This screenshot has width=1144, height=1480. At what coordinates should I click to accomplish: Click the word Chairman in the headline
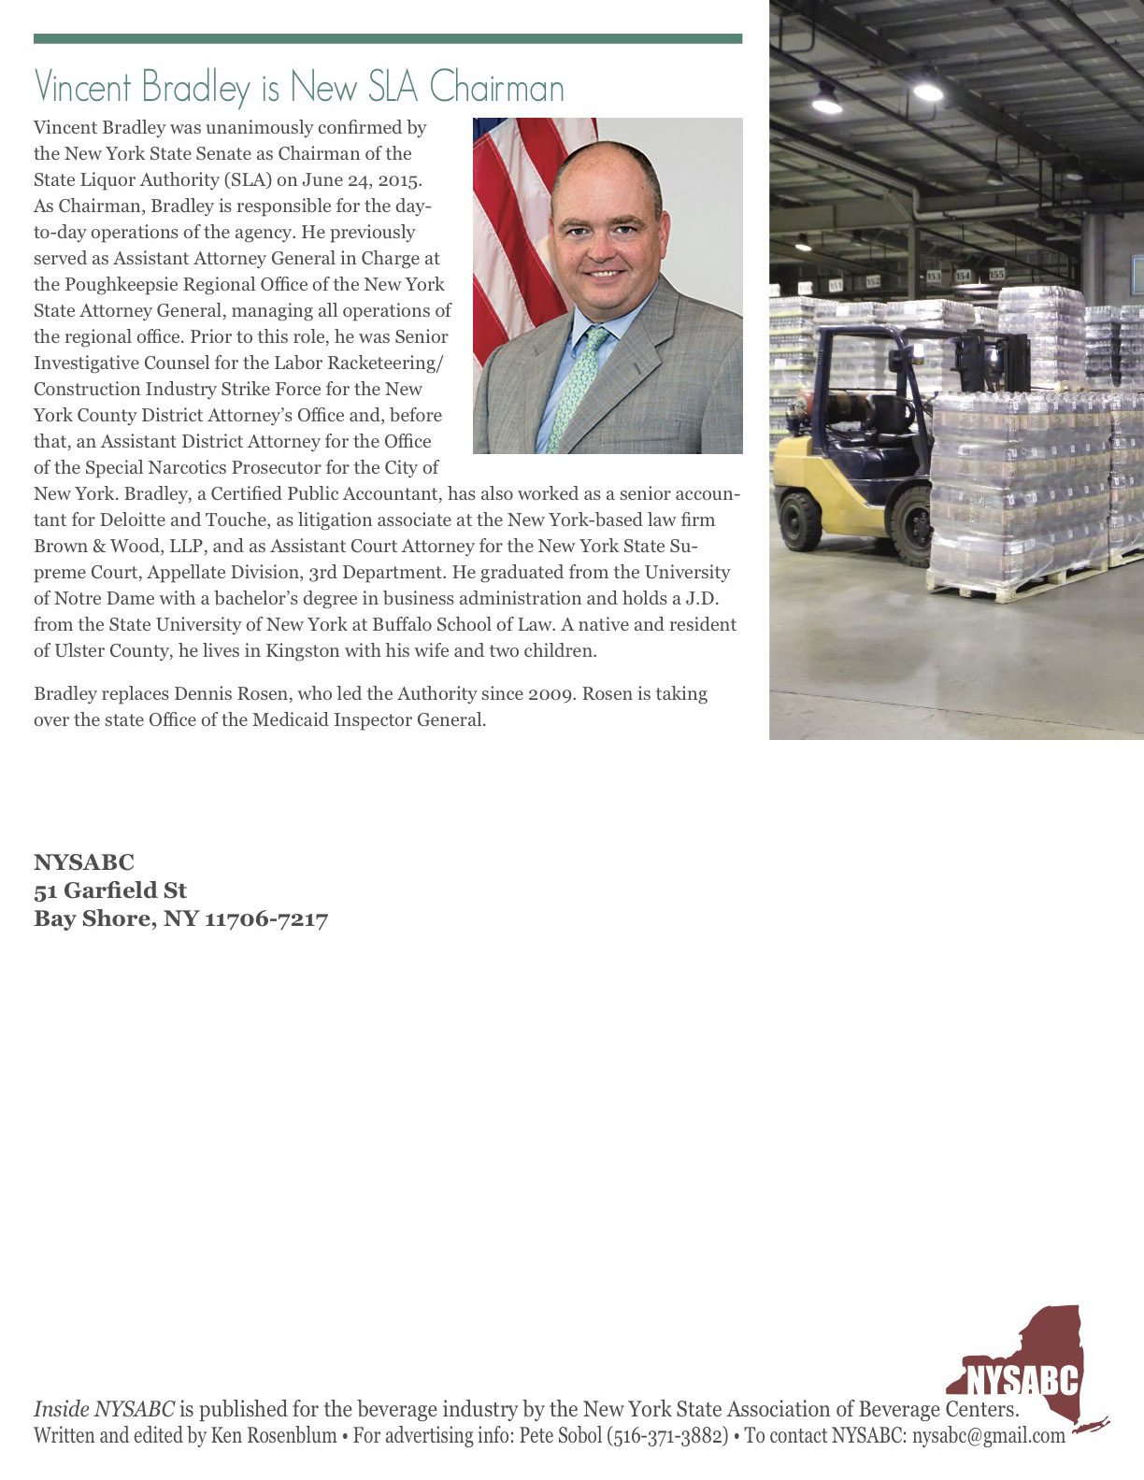coord(497,88)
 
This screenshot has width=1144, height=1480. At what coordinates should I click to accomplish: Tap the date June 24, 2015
coord(362,179)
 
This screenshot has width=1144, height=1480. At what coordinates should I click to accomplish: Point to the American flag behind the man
coord(505,224)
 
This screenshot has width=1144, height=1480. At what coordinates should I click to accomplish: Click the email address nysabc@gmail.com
coord(989,1436)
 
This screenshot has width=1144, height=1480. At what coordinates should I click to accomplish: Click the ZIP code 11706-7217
coord(266,918)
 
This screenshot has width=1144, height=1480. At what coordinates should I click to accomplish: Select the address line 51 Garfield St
coord(110,890)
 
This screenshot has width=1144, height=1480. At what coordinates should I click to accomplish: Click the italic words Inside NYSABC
coord(104,1409)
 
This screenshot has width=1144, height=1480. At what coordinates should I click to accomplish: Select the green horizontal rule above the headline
coord(388,39)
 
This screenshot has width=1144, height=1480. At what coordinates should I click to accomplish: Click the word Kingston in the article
coord(303,650)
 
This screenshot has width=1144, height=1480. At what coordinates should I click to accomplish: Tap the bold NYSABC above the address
coord(84,862)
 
